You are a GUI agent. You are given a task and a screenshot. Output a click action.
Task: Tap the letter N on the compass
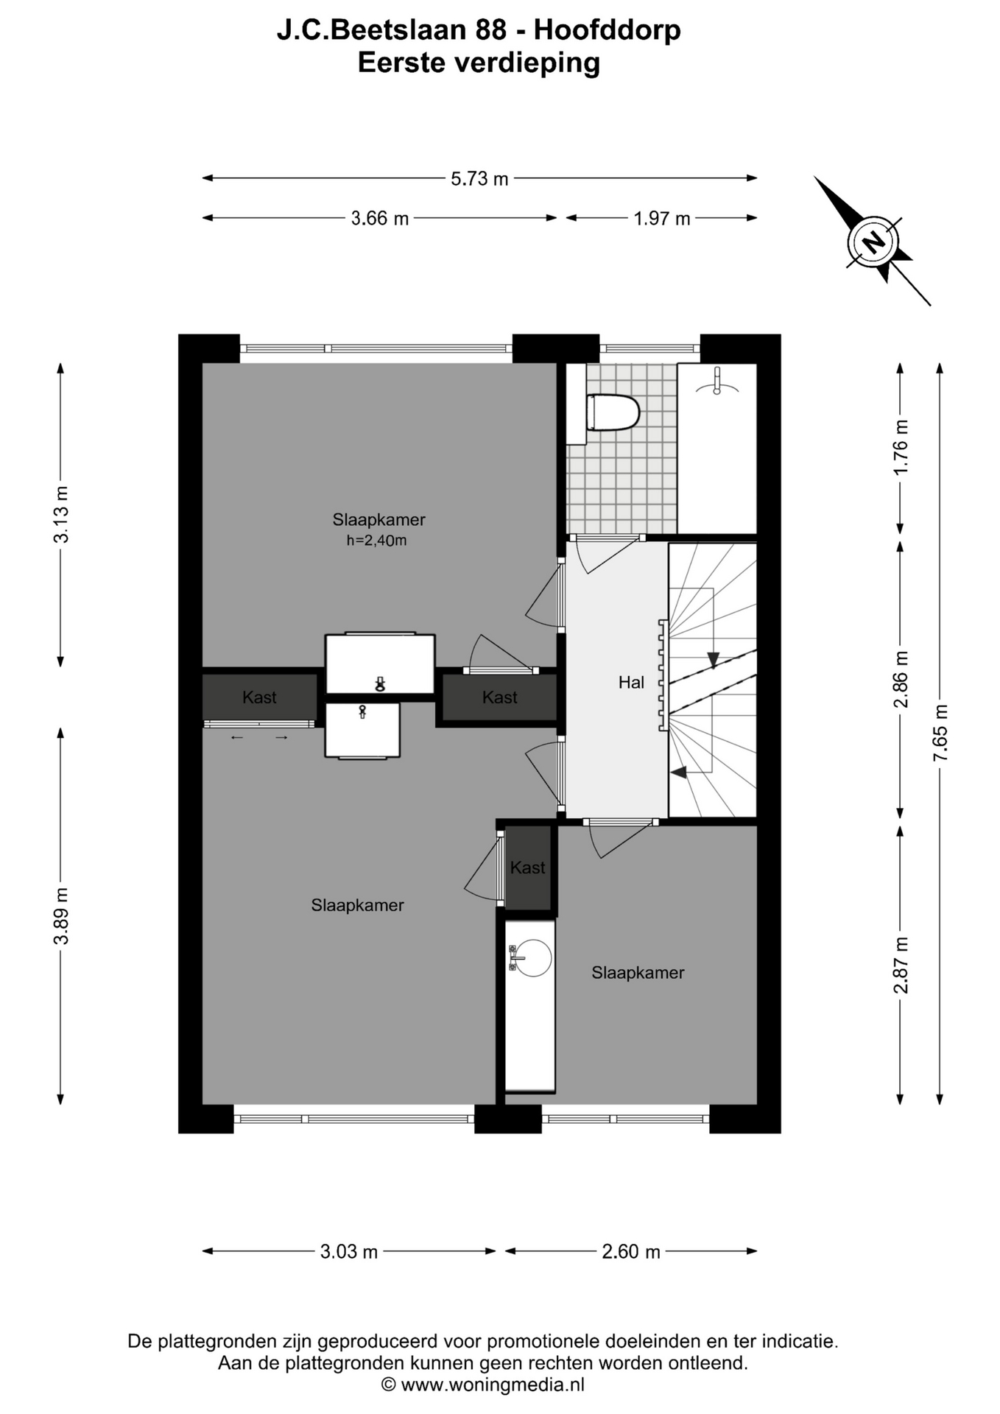coord(873,241)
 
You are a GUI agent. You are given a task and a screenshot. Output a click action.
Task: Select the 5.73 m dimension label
coord(479,179)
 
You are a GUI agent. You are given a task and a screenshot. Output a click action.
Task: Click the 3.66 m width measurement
coord(379,219)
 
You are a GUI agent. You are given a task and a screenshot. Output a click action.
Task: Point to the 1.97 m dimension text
coord(662,219)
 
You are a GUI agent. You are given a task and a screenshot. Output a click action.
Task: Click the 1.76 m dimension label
coord(901,447)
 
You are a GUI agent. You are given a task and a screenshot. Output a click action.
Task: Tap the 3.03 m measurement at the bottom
coord(349,1251)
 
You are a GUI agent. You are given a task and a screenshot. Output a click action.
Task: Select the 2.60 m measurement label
coord(631,1251)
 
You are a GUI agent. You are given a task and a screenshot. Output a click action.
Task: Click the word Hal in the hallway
coord(631,683)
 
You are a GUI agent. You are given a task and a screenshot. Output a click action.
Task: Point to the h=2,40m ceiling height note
coord(376,541)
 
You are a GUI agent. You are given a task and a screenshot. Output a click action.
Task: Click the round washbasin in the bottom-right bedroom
coord(529,958)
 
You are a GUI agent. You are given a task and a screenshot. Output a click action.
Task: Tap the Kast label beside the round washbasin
coord(527,868)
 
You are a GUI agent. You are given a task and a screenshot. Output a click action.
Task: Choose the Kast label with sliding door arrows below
coord(259,697)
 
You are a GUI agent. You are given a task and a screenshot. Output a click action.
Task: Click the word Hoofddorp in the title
coord(608,30)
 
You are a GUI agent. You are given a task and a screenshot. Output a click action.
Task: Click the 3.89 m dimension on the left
coord(61,915)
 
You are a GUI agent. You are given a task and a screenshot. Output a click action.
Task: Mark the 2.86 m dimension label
coord(901,679)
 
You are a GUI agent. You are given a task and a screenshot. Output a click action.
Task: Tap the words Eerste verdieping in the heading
coord(479,63)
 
